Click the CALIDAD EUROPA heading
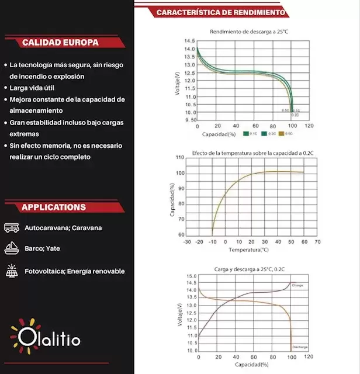[60, 43]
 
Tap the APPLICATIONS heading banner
[54, 207]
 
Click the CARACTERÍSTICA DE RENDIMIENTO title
[221, 12]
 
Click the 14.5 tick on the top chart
[189, 41]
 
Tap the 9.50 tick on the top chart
[189, 120]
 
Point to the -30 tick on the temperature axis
[187, 241]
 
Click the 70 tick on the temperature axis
[317, 241]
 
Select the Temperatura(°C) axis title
[248, 250]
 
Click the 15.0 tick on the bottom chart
[191, 276]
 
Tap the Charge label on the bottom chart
[297, 285]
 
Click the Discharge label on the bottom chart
[299, 347]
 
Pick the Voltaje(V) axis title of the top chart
[177, 82]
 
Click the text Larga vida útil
[33, 88]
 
